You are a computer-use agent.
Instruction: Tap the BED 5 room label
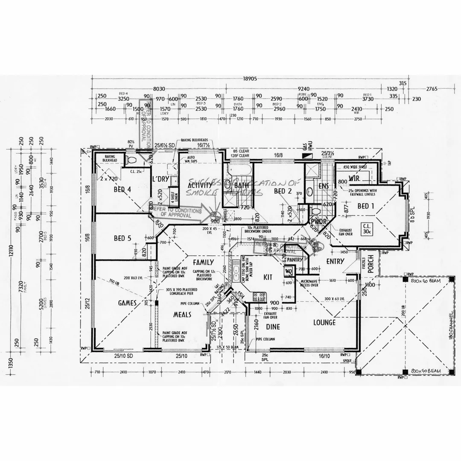point(122,238)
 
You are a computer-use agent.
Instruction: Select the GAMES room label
point(127,303)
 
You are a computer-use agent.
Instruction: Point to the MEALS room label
point(181,315)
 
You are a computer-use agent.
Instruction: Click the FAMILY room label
point(203,262)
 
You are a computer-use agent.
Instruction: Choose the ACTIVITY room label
point(200,185)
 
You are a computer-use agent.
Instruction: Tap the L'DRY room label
point(161,179)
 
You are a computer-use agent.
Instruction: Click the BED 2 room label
point(283,191)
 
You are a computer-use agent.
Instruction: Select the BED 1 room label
point(366,206)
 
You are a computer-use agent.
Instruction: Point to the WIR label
point(354,177)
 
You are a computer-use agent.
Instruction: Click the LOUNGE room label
point(324,323)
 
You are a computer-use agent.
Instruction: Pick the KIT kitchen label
point(268,277)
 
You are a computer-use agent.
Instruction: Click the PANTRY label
point(295,260)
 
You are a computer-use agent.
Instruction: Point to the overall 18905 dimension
point(250,79)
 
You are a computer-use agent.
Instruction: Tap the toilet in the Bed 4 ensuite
point(131,161)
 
